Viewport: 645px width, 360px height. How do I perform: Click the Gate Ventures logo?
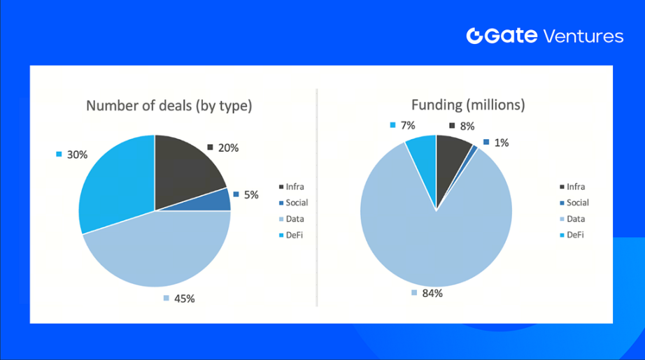[544, 36]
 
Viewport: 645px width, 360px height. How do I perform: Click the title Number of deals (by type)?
[169, 106]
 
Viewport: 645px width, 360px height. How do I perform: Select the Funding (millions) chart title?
[468, 106]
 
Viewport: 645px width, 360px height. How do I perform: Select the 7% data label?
[404, 125]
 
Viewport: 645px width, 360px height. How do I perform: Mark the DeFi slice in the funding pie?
[423, 151]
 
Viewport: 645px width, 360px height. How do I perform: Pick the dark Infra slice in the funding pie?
[453, 154]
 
